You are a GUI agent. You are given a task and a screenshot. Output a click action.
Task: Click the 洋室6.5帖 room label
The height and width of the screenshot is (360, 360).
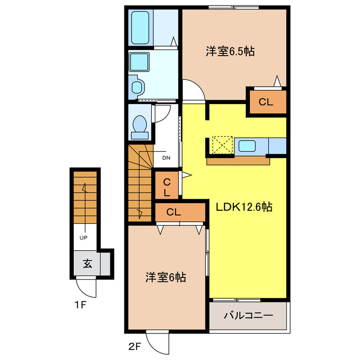pos(229,52)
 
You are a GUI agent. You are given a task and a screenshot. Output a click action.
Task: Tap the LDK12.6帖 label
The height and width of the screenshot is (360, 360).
pos(244,207)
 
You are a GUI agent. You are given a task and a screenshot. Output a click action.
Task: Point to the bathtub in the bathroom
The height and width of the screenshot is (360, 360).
pos(141,28)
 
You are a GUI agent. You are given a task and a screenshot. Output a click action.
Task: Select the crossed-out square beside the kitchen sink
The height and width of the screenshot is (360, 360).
pos(222,146)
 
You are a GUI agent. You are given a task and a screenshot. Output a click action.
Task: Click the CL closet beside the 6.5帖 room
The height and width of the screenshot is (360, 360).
pos(266,102)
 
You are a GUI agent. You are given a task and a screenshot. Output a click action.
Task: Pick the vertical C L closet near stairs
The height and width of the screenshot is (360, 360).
pos(167,186)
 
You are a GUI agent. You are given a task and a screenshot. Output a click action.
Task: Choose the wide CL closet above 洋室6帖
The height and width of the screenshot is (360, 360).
pos(173,212)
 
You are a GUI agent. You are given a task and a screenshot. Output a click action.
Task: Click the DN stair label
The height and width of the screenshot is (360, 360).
pos(166,158)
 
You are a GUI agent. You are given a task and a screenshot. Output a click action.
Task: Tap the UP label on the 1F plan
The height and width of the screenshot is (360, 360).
pos(83,237)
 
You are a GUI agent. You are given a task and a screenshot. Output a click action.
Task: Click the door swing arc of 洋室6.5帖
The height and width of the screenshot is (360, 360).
pos(192,90)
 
